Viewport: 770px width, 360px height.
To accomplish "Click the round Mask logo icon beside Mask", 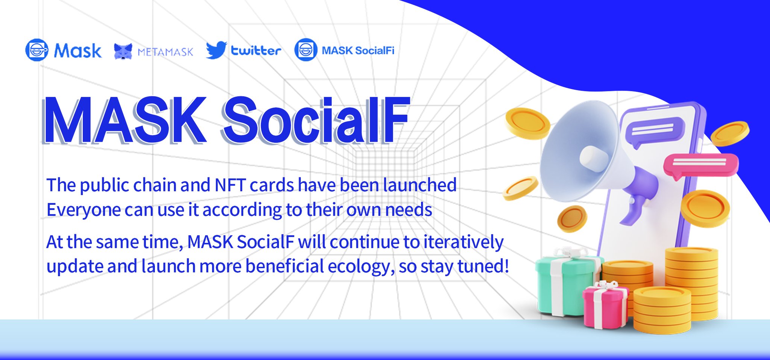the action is tap(37, 50).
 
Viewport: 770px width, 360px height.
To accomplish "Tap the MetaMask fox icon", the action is tap(123, 51).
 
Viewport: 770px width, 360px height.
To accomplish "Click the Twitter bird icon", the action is tap(216, 50).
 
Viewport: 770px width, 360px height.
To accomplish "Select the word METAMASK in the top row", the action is tap(165, 52).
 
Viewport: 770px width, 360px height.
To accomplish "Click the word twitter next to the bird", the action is tap(256, 50).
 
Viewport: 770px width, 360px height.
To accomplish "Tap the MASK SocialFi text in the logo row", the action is tap(358, 50).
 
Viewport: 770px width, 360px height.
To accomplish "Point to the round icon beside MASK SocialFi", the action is tap(306, 50).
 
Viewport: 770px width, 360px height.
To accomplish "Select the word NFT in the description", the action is tap(230, 185).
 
